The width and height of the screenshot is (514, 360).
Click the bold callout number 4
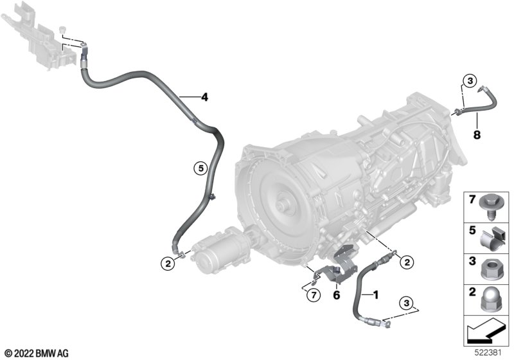click(x=204, y=97)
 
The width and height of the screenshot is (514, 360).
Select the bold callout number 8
click(x=477, y=134)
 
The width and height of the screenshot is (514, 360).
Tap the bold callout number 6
click(x=337, y=295)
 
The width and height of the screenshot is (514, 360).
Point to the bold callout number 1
click(x=376, y=295)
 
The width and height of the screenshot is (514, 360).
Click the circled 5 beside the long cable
click(x=200, y=168)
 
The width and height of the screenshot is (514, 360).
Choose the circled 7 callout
click(x=314, y=295)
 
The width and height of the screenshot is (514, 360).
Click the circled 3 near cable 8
click(x=470, y=80)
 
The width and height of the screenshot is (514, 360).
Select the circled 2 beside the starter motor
click(x=168, y=264)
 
